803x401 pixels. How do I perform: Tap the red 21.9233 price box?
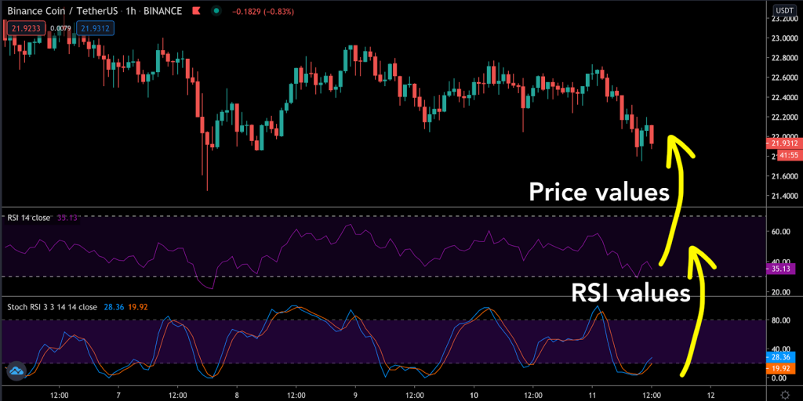[23, 28]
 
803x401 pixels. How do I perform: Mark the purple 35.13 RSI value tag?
[783, 269]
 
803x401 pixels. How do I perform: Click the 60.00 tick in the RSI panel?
[781, 233]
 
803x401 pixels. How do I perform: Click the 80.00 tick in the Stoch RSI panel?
[781, 320]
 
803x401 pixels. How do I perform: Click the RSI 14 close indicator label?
[29, 217]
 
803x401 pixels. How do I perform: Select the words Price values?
[598, 192]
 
